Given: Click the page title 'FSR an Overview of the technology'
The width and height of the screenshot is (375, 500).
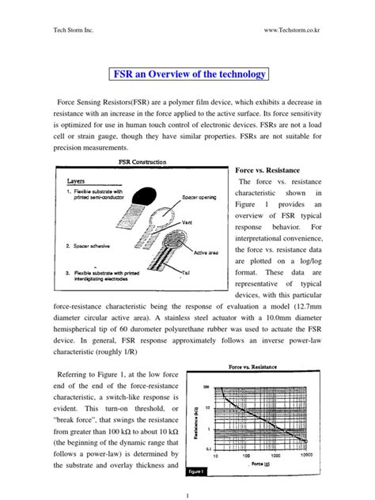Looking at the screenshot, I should pyautogui.click(x=187, y=75).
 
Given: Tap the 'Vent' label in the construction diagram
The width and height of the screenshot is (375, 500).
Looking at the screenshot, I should pyautogui.click(x=187, y=221).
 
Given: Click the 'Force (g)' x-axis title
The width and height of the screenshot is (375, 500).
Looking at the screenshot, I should pyautogui.click(x=290, y=464).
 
